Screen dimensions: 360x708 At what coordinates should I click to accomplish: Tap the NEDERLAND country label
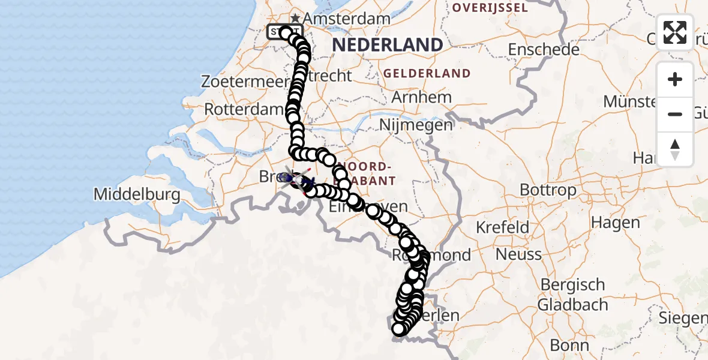coord(387,44)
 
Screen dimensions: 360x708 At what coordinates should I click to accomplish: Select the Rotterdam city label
coord(244,110)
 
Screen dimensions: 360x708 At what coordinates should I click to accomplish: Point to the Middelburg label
coord(137,194)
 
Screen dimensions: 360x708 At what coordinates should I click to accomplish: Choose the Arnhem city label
coord(421,97)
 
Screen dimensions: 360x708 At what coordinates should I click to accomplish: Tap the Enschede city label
coord(544,49)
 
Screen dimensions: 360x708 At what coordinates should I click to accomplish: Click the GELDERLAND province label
coord(427,74)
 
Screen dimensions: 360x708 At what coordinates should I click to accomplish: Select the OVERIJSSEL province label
coord(490,8)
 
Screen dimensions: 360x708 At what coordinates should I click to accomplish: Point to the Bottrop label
coord(539,190)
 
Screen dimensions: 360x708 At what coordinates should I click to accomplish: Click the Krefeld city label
coord(503,227)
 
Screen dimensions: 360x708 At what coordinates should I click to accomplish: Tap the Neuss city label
coord(518,254)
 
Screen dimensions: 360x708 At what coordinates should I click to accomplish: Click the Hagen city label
coord(615,222)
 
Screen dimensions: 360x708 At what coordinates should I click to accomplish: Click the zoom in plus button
coord(675,79)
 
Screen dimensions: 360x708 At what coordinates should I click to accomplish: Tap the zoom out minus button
coord(675,114)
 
